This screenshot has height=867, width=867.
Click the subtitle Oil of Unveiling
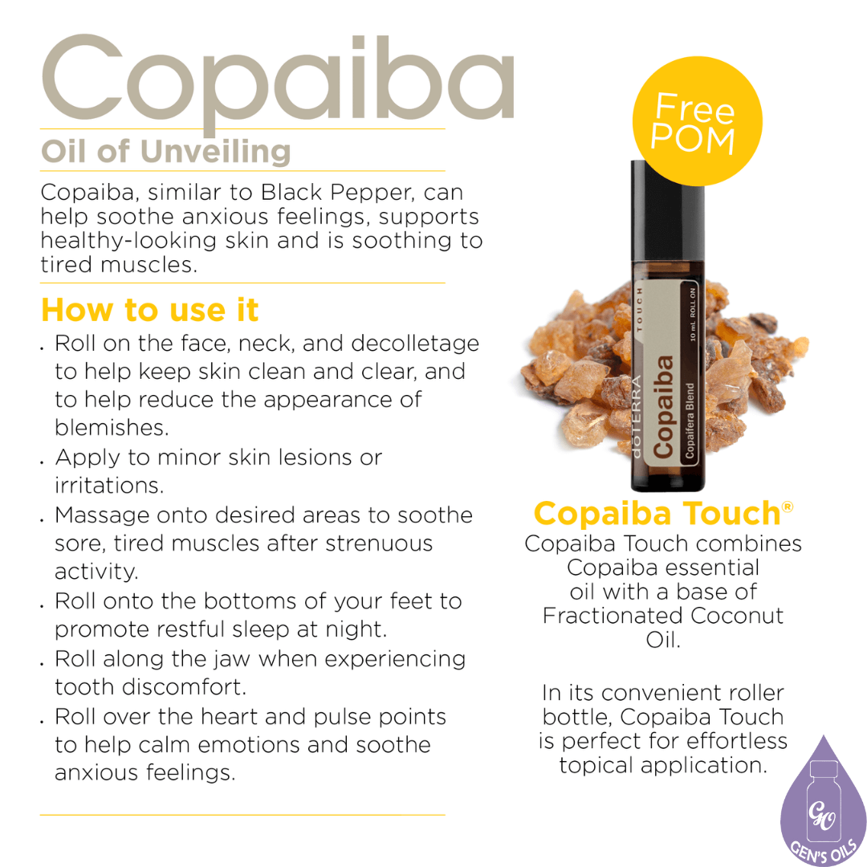166,151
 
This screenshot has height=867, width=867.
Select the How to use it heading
150,309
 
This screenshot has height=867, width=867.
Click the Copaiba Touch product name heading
657,513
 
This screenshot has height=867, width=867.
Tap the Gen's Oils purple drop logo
822,807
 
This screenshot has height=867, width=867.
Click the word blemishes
112,427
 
